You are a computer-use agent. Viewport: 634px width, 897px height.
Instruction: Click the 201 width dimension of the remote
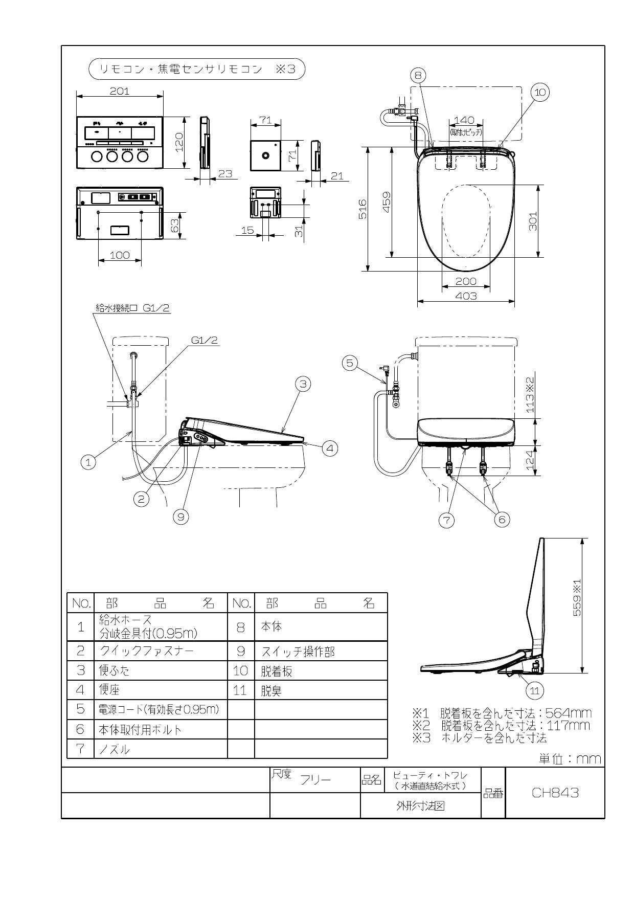coord(120,91)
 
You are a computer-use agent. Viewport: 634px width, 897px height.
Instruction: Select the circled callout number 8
coord(418,76)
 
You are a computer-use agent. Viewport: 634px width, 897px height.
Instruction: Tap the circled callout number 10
coord(540,92)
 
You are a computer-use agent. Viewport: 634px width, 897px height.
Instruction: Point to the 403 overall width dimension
coord(466,296)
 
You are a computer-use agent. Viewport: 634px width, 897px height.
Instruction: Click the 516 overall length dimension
coord(363,209)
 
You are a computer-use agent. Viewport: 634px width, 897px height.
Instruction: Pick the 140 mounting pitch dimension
coord(464,120)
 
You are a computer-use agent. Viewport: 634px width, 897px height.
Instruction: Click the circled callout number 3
coord(303,384)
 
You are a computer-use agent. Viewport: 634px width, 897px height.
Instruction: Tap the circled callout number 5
coord(350,363)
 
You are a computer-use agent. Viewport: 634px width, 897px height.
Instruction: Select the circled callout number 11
coord(534,691)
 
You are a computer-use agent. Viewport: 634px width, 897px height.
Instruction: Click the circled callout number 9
coord(180,517)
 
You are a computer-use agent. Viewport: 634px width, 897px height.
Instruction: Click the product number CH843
coord(555,792)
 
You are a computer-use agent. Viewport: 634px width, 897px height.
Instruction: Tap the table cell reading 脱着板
coord(277,671)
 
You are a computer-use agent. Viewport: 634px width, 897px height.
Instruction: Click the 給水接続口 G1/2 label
coord(132,308)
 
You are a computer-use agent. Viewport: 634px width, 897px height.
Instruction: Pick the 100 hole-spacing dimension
coord(120,255)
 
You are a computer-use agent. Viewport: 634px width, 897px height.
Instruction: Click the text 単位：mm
coord(570,759)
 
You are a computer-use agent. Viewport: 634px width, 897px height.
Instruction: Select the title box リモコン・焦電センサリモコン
coord(197,69)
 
